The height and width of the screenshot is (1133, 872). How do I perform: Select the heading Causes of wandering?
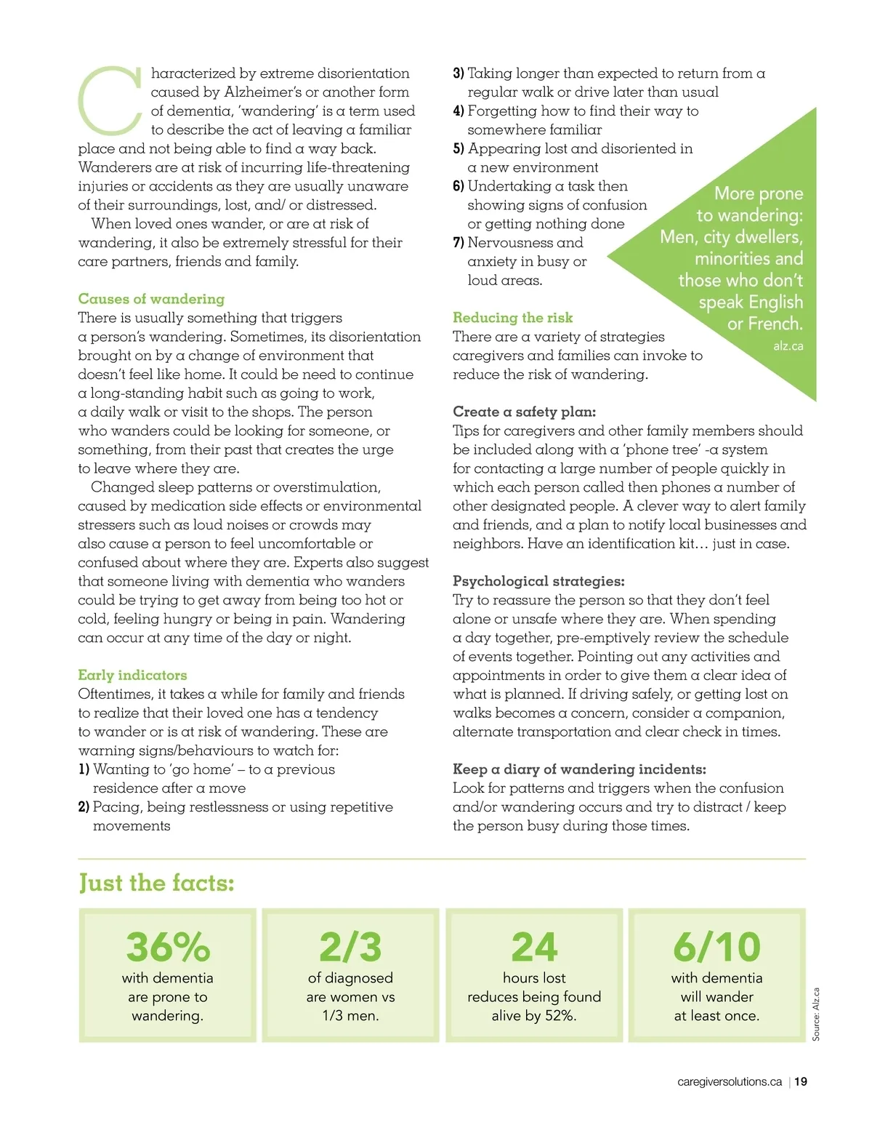(151, 299)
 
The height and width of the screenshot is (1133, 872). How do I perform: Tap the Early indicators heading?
(132, 675)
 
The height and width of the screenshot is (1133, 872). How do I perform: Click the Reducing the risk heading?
(512, 318)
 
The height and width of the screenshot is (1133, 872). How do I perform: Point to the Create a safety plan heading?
(524, 412)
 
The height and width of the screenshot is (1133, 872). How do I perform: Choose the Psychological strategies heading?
(538, 581)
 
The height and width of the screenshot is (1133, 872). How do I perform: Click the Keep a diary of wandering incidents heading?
(579, 769)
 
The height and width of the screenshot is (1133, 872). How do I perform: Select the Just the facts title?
(156, 883)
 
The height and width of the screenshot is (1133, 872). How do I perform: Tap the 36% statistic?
(168, 947)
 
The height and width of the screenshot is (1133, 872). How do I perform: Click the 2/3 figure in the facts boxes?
(350, 947)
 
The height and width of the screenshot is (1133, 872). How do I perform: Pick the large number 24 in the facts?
(534, 947)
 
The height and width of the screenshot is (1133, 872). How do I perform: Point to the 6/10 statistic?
(716, 947)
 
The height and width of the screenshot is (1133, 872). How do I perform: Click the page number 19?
(801, 1081)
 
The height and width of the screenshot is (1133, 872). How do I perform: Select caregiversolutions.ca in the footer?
(729, 1081)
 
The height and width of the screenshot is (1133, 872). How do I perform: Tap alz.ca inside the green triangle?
(788, 346)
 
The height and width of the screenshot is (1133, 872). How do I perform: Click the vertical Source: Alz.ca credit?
(816, 1014)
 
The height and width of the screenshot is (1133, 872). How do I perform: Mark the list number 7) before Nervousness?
(459, 243)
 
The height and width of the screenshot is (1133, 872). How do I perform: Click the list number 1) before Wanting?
(84, 769)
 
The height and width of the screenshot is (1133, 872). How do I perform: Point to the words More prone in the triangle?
(758, 193)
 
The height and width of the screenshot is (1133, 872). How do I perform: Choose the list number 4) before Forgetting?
(459, 111)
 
